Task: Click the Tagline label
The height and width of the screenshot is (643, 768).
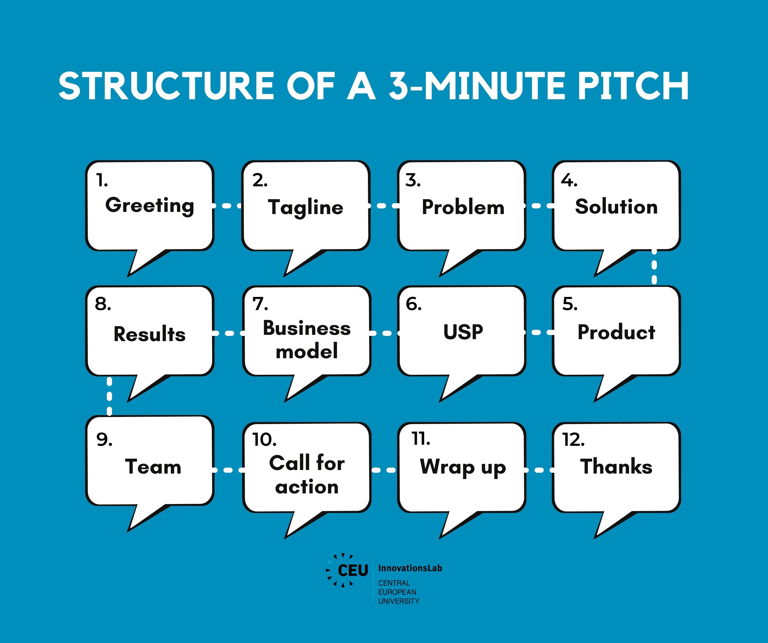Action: coord(306,208)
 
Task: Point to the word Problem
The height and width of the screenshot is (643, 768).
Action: coord(463,207)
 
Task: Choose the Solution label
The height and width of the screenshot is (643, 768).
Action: coord(616,207)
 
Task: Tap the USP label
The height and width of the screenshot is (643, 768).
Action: coord(463,332)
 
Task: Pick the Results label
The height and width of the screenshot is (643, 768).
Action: coord(150,334)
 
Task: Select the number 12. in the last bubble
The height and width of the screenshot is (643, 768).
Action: coord(573,440)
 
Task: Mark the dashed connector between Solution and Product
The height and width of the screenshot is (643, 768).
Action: coord(654,267)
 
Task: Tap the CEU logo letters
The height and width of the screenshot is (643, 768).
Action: coord(353,570)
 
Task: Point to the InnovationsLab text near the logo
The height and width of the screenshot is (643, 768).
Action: coord(410,568)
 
